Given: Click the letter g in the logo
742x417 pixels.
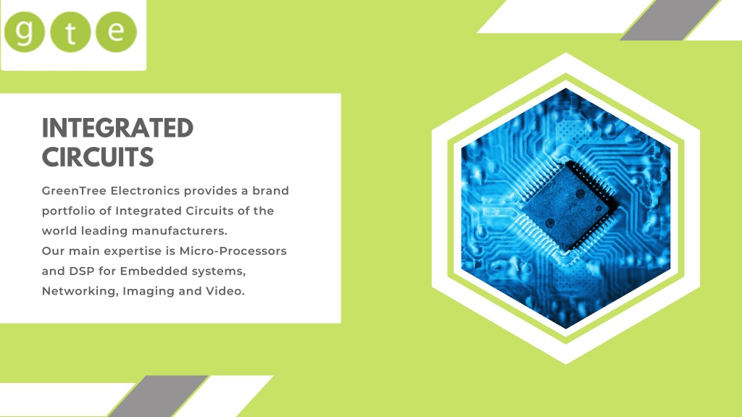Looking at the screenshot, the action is click(x=25, y=32).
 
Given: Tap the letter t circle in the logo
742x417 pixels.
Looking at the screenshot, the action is click(x=70, y=32).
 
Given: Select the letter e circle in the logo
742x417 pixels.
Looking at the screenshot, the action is click(x=117, y=32).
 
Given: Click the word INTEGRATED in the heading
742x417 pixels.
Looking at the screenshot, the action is click(x=117, y=128).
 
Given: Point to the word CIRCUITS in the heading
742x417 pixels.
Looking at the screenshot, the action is click(x=98, y=157).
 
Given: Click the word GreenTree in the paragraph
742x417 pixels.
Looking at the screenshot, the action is click(x=75, y=190).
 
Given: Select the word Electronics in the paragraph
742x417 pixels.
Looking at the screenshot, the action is click(x=145, y=190).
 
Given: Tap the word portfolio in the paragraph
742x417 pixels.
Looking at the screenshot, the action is click(x=70, y=211).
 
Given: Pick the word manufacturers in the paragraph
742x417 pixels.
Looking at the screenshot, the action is click(x=180, y=231).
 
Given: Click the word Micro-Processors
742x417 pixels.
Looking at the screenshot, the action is click(x=233, y=250).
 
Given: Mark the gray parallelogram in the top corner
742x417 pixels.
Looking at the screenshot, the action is click(x=670, y=20).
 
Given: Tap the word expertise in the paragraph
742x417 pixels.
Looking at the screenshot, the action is click(x=135, y=251).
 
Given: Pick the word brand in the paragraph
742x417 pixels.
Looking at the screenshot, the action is click(x=270, y=190).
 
